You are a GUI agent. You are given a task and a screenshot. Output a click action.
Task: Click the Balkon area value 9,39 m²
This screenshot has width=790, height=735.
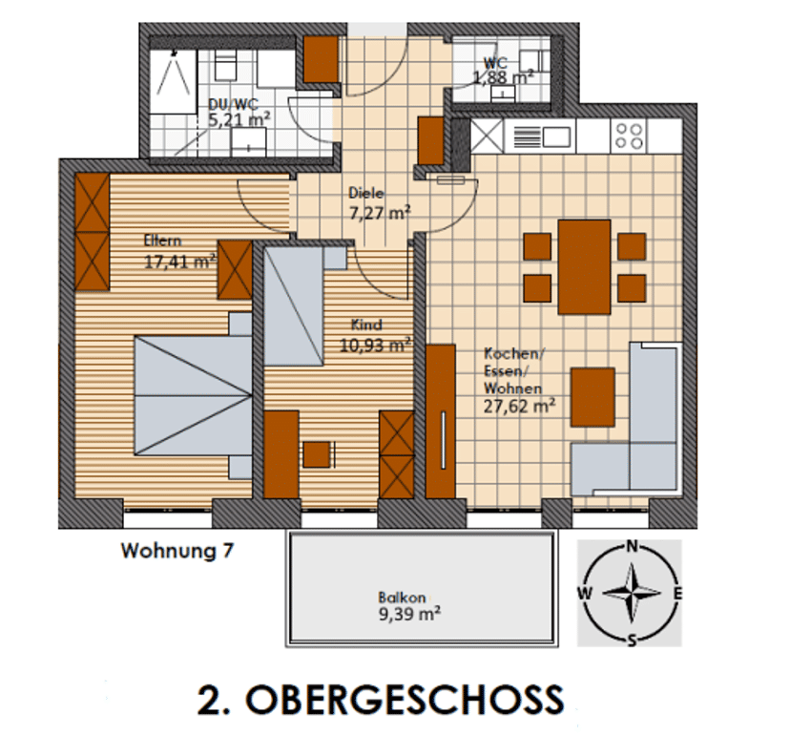pos(409,614)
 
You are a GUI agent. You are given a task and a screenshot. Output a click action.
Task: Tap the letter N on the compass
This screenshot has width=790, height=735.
pos(632,546)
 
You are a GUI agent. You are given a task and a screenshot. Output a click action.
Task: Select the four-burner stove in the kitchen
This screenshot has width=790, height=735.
pos(630,136)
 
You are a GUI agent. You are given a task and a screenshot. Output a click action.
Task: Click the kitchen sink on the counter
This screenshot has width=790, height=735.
pos(542,136)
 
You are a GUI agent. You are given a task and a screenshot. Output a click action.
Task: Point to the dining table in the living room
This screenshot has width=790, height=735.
pos(585,266)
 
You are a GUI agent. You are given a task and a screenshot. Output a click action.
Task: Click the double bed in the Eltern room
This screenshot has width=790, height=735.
pos(193,396)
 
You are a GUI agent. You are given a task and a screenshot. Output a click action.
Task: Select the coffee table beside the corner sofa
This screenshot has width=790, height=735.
pos(592,397)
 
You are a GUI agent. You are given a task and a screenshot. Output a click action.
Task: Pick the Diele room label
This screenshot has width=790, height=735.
pos(366,193)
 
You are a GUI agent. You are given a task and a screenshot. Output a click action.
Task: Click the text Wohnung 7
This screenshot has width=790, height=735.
pos(177,551)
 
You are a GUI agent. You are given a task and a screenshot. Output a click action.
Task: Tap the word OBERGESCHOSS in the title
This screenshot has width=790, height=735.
pos(405,700)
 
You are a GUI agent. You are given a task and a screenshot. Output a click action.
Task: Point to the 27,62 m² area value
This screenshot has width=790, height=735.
pos(519,406)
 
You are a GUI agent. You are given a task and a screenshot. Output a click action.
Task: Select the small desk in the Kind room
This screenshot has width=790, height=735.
pos(317,454)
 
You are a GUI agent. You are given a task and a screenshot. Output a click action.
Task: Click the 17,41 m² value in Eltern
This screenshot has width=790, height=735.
pos(180,262)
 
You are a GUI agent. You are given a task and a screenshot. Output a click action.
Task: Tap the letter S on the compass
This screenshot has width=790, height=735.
pos(632,640)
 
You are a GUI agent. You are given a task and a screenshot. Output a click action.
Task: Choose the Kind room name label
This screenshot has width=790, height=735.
pos(366,325)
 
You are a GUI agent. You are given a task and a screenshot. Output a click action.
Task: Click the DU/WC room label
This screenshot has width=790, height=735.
pos(233,104)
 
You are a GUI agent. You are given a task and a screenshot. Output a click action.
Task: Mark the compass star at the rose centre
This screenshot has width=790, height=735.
pos(632,593)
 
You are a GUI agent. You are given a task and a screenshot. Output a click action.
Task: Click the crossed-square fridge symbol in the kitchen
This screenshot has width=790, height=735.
pos(487,136)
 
